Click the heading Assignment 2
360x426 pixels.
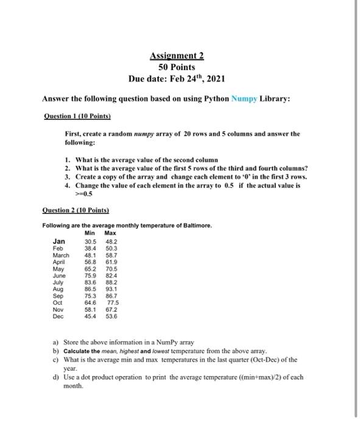tap(177, 57)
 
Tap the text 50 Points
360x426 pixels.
tap(177, 67)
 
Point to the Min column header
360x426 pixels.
tap(90, 233)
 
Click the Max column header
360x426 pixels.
tap(110, 233)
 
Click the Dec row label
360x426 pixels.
tap(58, 316)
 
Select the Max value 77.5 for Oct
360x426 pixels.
tap(113, 302)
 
